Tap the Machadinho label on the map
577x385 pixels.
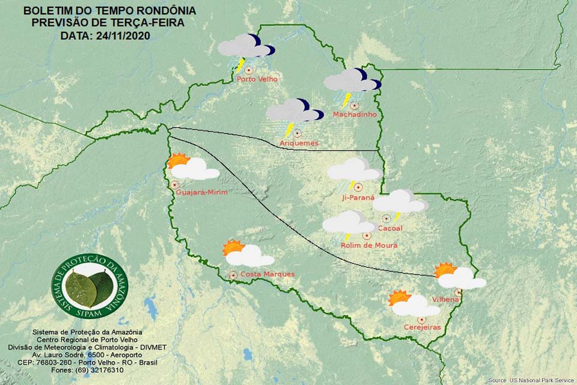pyautogui.click(x=355, y=114)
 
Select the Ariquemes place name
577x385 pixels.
pyautogui.click(x=299, y=143)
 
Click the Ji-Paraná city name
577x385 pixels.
pyautogui.click(x=358, y=197)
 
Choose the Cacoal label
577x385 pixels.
pyautogui.click(x=391, y=228)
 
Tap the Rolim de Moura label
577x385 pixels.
pyautogui.click(x=369, y=245)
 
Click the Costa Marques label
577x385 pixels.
pyautogui.click(x=267, y=274)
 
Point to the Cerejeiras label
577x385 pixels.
pyautogui.click(x=423, y=327)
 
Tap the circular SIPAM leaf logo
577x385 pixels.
pyautogui.click(x=90, y=287)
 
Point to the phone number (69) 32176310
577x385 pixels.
pyautogui.click(x=100, y=370)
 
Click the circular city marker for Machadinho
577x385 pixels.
pyautogui.click(x=355, y=105)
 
